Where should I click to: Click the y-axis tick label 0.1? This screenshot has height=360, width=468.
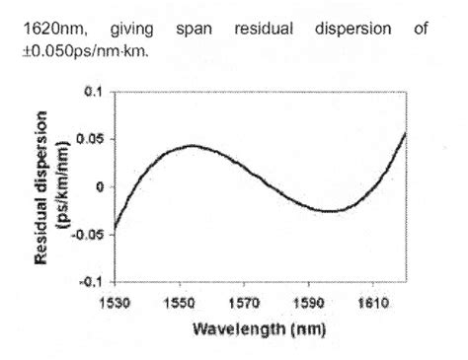tap(91, 92)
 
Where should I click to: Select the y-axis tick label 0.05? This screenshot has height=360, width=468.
tap(88, 139)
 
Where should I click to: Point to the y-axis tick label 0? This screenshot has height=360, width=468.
tap(98, 186)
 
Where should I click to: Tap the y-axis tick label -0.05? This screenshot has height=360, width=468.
tap(86, 234)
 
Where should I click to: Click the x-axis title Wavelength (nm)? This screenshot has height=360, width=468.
tap(261, 326)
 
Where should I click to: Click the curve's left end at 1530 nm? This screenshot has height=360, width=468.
tap(115, 229)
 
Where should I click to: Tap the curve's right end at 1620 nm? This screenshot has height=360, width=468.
tap(406, 132)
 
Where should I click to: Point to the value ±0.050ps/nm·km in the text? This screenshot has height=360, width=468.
tap(92, 50)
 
